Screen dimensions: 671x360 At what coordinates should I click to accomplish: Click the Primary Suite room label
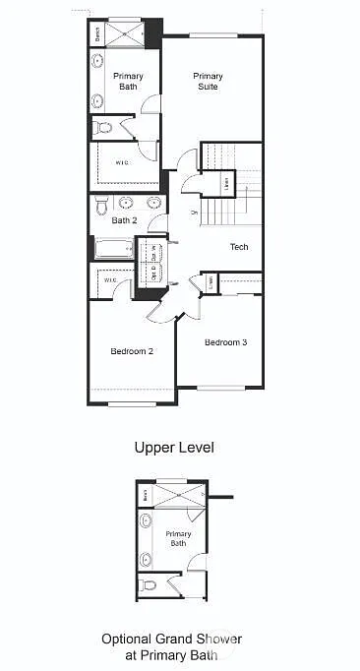[x=208, y=82]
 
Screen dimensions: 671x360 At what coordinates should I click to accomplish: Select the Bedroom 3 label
[x=225, y=342]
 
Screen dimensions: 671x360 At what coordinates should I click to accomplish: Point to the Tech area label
[x=239, y=247]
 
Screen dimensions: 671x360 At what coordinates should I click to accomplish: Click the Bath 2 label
[x=124, y=220]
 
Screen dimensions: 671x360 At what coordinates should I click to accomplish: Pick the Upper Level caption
[x=174, y=448]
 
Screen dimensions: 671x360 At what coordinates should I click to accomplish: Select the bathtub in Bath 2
[x=111, y=249]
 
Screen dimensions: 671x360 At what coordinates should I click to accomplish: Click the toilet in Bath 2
[x=100, y=205]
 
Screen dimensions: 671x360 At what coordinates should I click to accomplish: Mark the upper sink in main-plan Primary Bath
[x=97, y=62]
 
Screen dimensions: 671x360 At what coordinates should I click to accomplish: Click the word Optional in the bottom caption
[x=124, y=639]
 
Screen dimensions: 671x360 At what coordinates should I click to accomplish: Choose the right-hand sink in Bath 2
[x=152, y=203]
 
